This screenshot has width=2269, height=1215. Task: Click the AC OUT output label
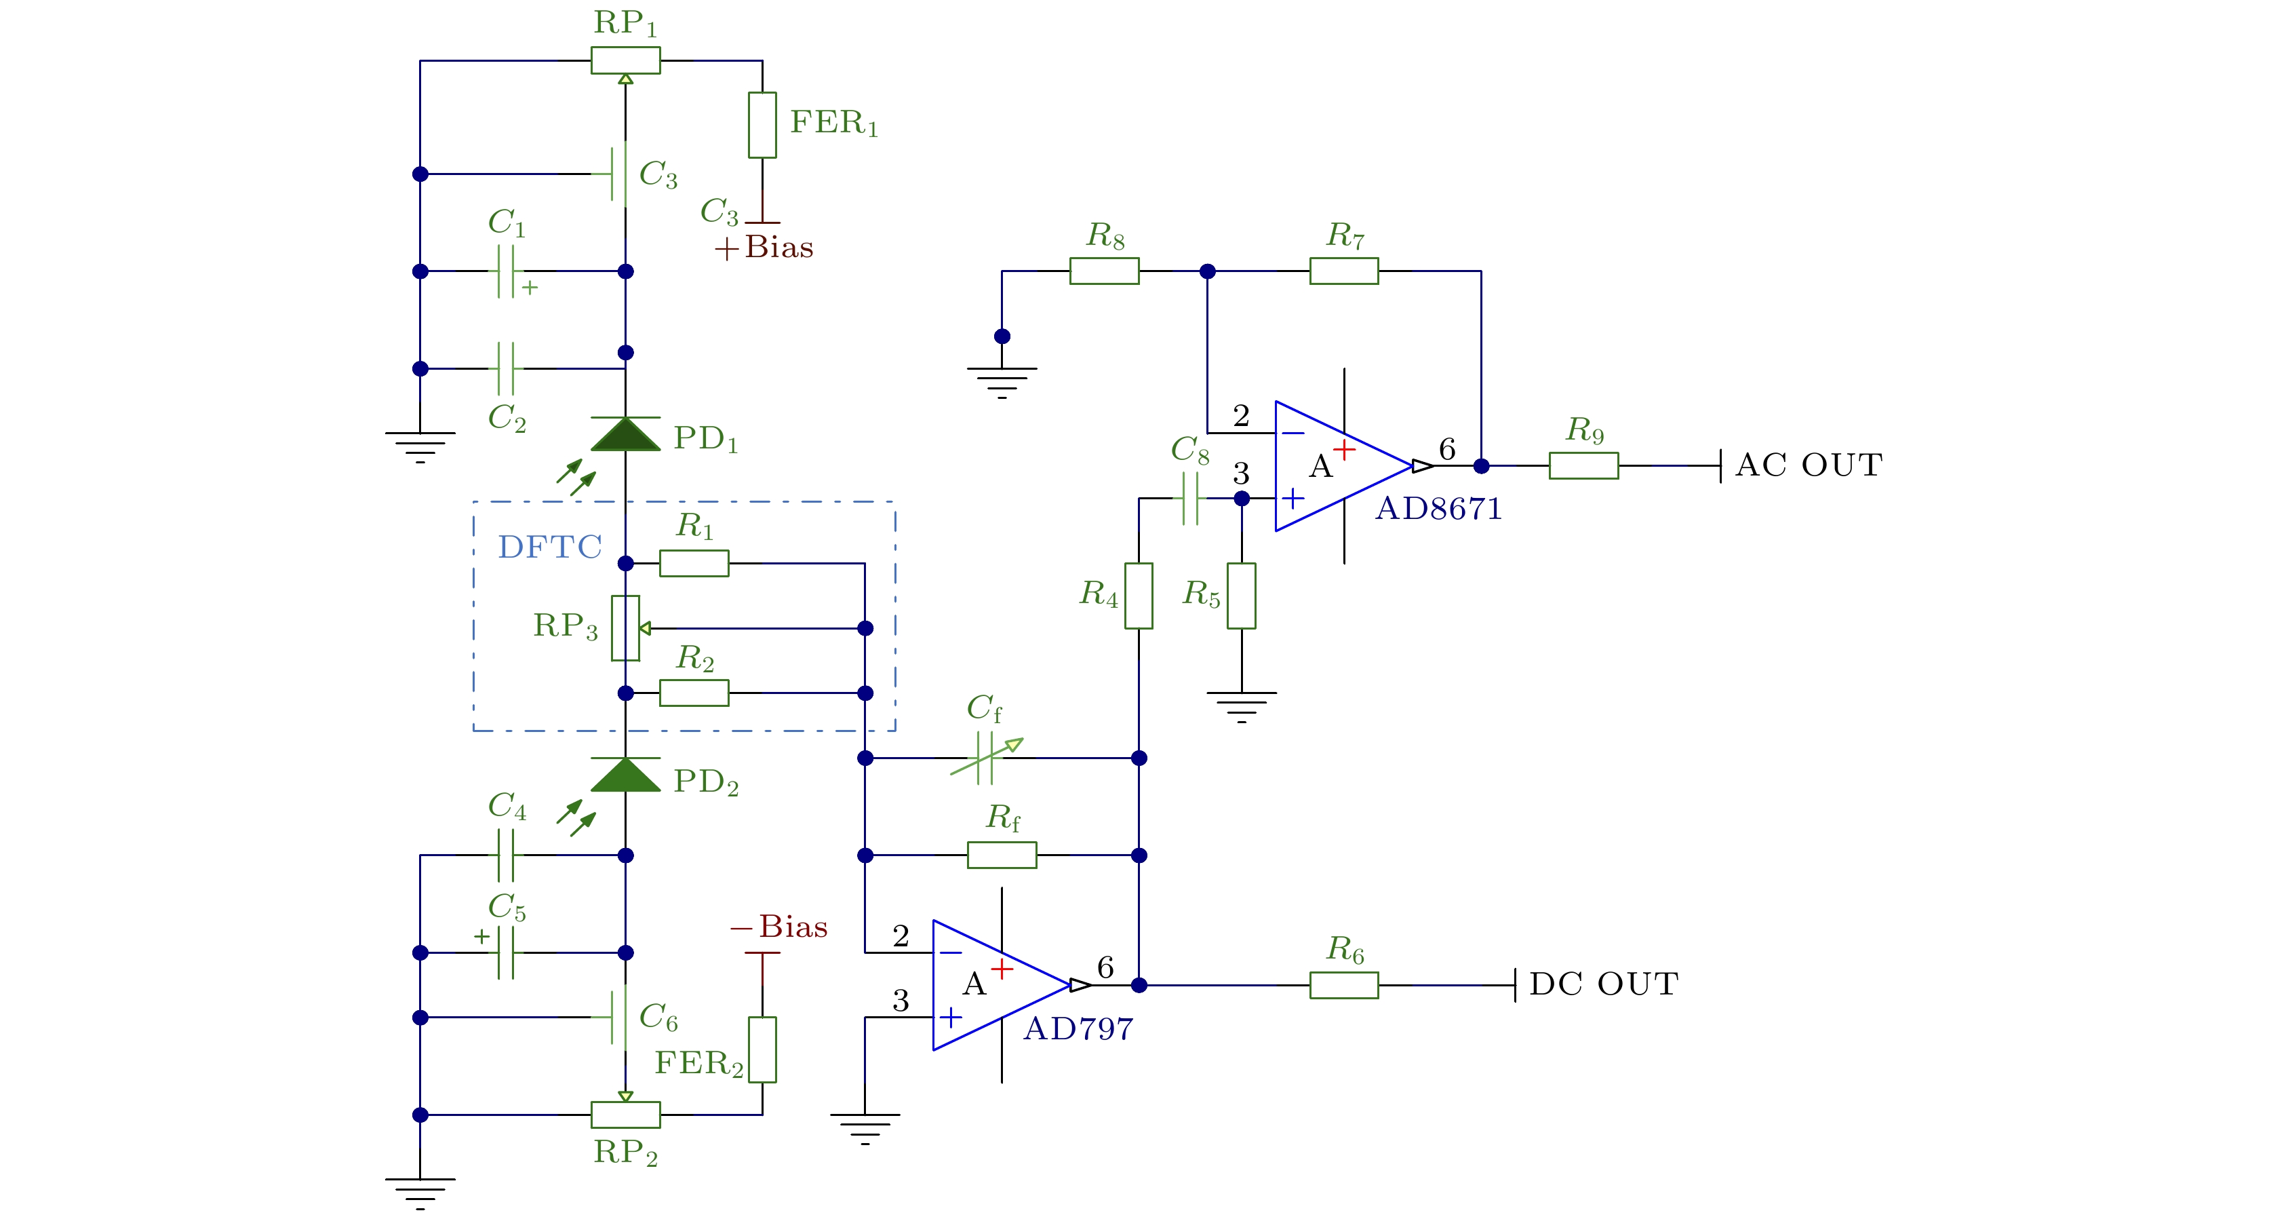[x=1809, y=465]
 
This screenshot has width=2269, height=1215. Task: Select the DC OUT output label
[x=1604, y=984]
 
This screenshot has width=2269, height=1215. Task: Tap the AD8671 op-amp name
[x=1438, y=509]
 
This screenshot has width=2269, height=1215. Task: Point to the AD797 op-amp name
[x=1078, y=1029]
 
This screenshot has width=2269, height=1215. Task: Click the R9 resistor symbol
[x=1583, y=465]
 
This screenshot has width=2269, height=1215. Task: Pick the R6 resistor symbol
[x=1343, y=985]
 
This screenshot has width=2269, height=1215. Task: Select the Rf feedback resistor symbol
[x=1002, y=855]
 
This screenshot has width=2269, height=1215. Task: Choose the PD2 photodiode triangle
[x=625, y=775]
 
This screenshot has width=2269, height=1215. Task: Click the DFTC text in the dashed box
[x=550, y=547]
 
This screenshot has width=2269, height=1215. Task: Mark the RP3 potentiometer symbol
[x=625, y=628]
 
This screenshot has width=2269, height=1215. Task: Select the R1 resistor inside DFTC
[x=694, y=563]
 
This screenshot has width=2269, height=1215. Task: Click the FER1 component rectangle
[x=762, y=125]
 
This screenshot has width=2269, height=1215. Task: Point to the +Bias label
[x=764, y=248]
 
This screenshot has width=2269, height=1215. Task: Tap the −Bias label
[x=780, y=927]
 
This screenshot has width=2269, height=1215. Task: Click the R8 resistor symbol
[x=1104, y=271]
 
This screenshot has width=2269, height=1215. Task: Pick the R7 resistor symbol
[x=1343, y=271]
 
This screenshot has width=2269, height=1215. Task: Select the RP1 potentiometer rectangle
[x=625, y=61]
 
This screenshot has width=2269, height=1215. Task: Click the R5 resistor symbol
[x=1241, y=596]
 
